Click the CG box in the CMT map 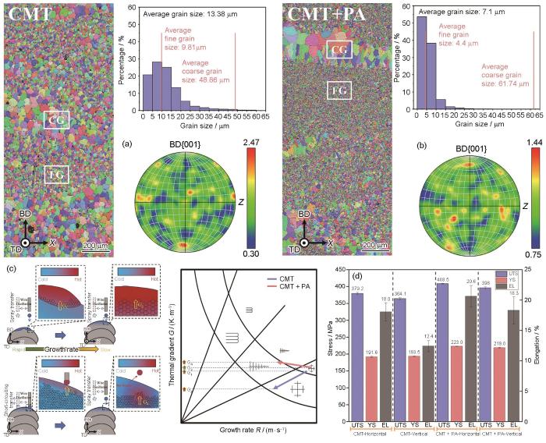(55, 120)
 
